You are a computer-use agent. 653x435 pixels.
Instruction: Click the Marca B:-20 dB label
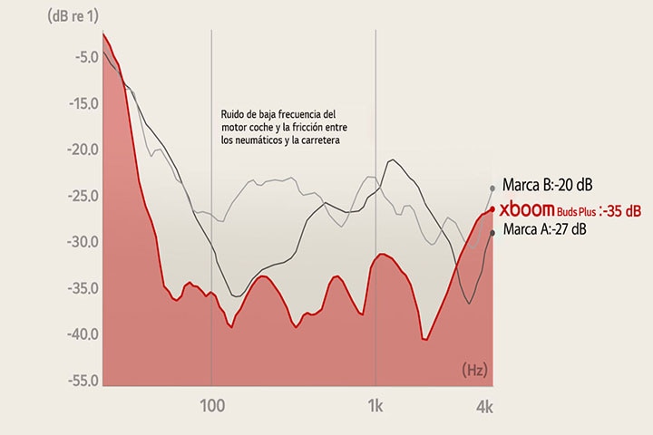(x=547, y=185)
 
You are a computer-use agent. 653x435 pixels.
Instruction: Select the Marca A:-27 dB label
(x=544, y=230)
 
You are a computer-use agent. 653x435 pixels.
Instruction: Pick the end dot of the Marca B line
(x=492, y=188)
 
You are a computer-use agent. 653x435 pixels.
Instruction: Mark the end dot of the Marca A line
(x=492, y=232)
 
